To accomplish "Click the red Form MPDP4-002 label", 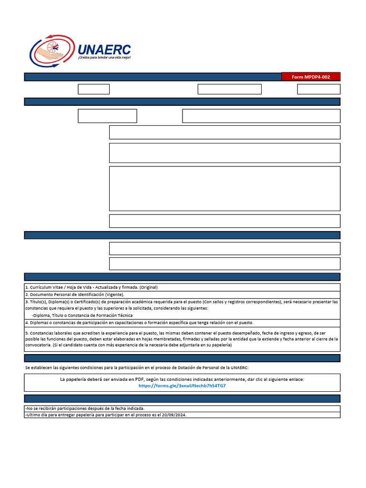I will [311, 77].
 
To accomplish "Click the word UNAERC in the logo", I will [104, 49].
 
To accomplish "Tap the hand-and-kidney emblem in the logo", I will [51, 51].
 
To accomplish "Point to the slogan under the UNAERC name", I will [104, 58].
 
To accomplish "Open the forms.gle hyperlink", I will [182, 386].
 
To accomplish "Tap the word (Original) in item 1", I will [148, 287].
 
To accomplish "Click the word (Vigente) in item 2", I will [113, 295].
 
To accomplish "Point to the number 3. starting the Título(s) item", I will [27, 302].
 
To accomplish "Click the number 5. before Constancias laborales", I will [27, 333].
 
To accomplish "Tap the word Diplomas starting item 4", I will [40, 323].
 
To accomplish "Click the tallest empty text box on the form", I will [224, 188].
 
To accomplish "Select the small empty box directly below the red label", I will [318, 89].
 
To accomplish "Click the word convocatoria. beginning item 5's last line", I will [40, 345].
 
